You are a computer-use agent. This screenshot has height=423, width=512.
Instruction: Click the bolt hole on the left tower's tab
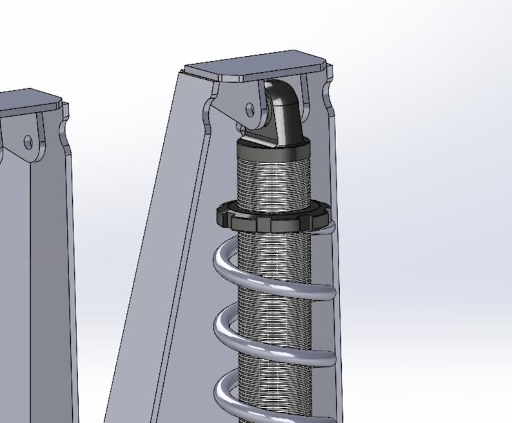28,141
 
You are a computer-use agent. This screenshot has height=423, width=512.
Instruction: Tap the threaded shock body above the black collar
274,184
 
